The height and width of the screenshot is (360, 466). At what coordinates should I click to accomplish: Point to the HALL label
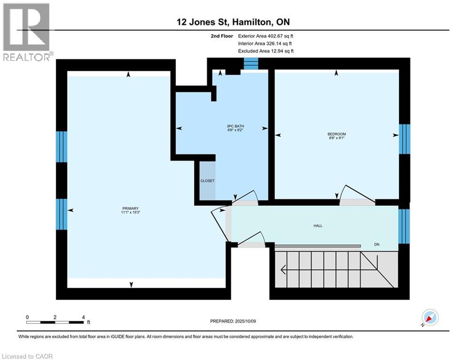pos(318,225)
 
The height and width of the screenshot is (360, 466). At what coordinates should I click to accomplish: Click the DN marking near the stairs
pos(377,245)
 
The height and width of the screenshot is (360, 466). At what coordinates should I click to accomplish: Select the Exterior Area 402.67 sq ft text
pos(266,36)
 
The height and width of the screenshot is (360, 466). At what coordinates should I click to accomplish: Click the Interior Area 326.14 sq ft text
pos(266,43)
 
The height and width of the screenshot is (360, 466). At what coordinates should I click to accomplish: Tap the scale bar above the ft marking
pos(55,322)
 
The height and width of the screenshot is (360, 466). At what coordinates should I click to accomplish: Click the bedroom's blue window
pos(404,139)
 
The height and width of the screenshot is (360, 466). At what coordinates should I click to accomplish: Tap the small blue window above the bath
pos(251,64)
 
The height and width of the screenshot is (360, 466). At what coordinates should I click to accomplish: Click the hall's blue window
pos(404,226)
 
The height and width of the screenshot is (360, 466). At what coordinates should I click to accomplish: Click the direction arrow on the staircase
pos(284,269)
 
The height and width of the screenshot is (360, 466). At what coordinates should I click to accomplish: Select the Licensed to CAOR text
pos(28,356)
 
